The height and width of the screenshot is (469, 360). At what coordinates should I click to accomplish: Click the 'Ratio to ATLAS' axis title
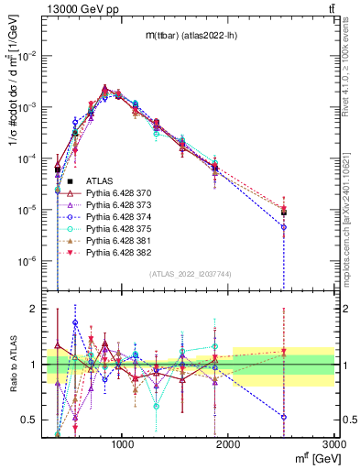point(12,364)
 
